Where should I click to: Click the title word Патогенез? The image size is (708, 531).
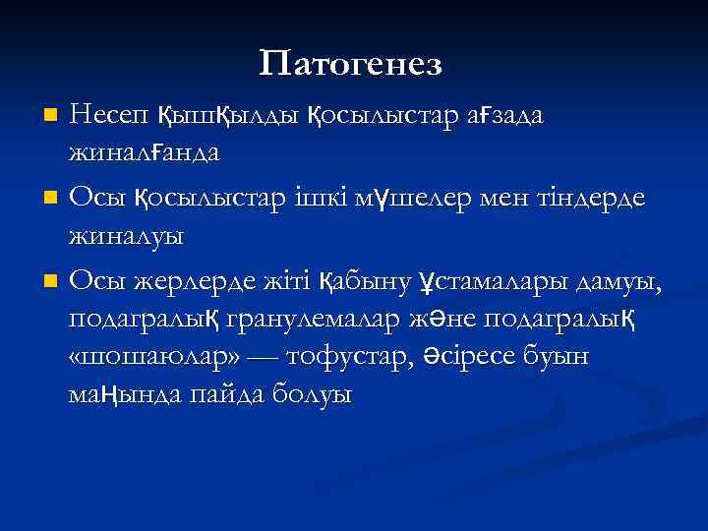coord(351,65)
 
